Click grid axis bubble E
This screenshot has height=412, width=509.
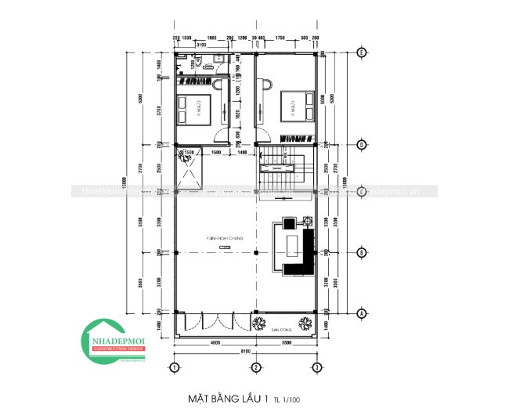point(361,52)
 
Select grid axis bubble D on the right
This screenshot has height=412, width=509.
point(361,144)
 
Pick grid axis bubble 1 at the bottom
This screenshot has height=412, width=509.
point(175,367)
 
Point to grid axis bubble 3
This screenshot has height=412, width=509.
point(314,367)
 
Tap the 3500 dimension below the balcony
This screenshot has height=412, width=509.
point(286,343)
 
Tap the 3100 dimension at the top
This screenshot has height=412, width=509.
point(201,45)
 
